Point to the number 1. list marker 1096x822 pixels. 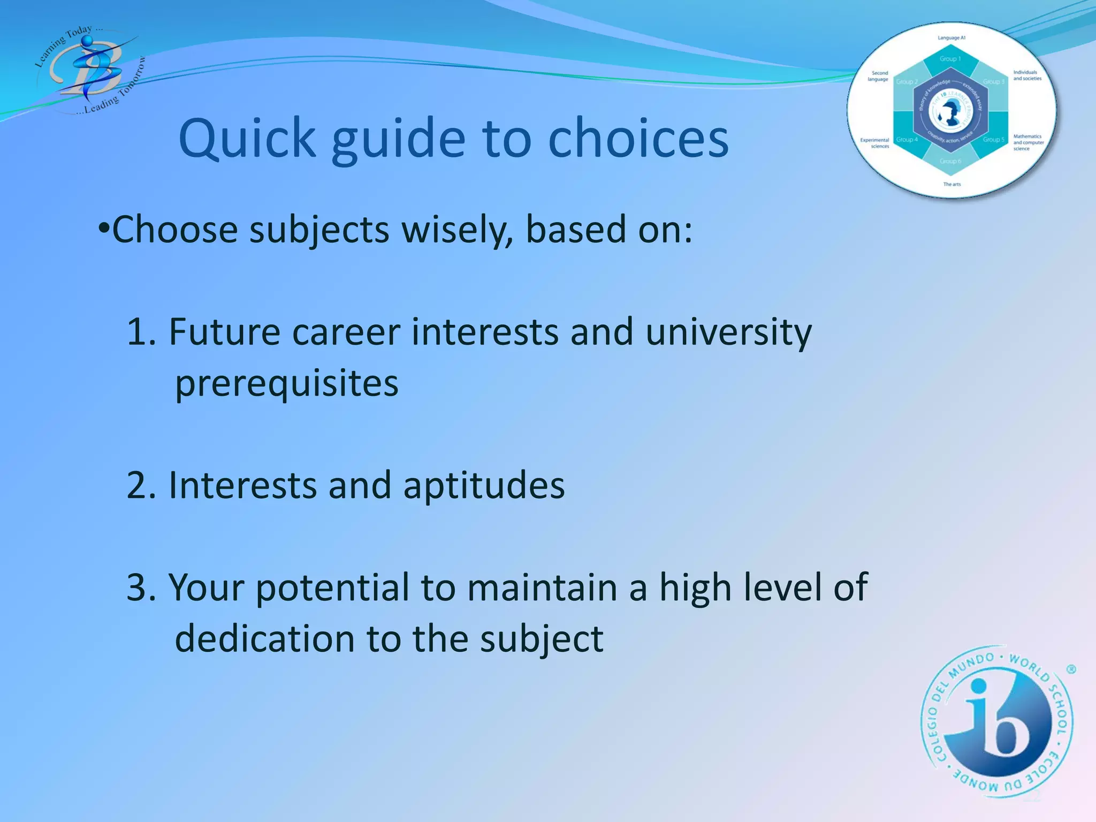click(141, 332)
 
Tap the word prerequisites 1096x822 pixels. click(287, 383)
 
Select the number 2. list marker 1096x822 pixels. click(141, 485)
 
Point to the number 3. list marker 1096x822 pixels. click(141, 588)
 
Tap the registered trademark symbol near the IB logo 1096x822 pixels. click(1071, 669)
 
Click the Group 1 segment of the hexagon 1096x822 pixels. click(950, 59)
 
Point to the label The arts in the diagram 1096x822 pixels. click(952, 184)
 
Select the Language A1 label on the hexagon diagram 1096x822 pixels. click(951, 38)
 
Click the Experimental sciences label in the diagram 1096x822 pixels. click(874, 143)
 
